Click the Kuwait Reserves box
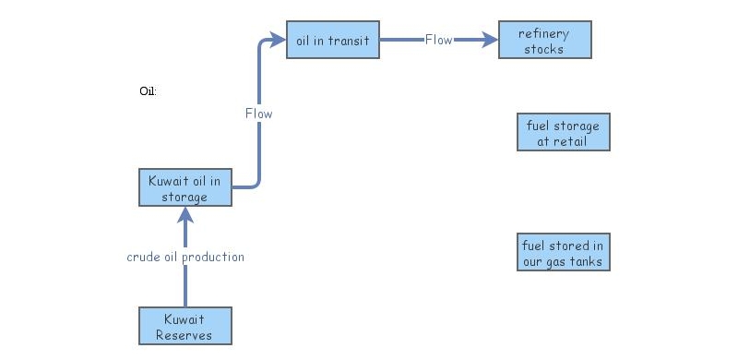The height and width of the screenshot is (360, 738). [x=184, y=326]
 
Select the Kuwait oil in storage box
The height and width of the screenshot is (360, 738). [x=184, y=188]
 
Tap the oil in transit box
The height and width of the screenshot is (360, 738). [x=332, y=40]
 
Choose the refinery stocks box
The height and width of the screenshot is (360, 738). [x=544, y=41]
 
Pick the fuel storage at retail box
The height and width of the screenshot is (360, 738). [x=563, y=133]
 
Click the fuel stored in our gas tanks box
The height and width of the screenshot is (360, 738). [x=563, y=253]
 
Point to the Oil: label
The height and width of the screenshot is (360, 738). [x=148, y=91]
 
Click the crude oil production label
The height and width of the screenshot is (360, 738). [x=185, y=257]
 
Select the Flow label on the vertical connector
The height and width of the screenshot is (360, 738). [x=258, y=114]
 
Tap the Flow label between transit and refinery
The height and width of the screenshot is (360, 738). [x=438, y=40]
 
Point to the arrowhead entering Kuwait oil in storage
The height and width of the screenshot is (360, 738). [x=185, y=215]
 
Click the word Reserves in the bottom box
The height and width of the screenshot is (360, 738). [x=184, y=334]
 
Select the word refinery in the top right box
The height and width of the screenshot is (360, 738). [x=544, y=33]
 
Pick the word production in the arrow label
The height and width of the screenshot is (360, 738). [x=214, y=257]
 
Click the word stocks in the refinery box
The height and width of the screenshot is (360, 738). [x=544, y=49]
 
